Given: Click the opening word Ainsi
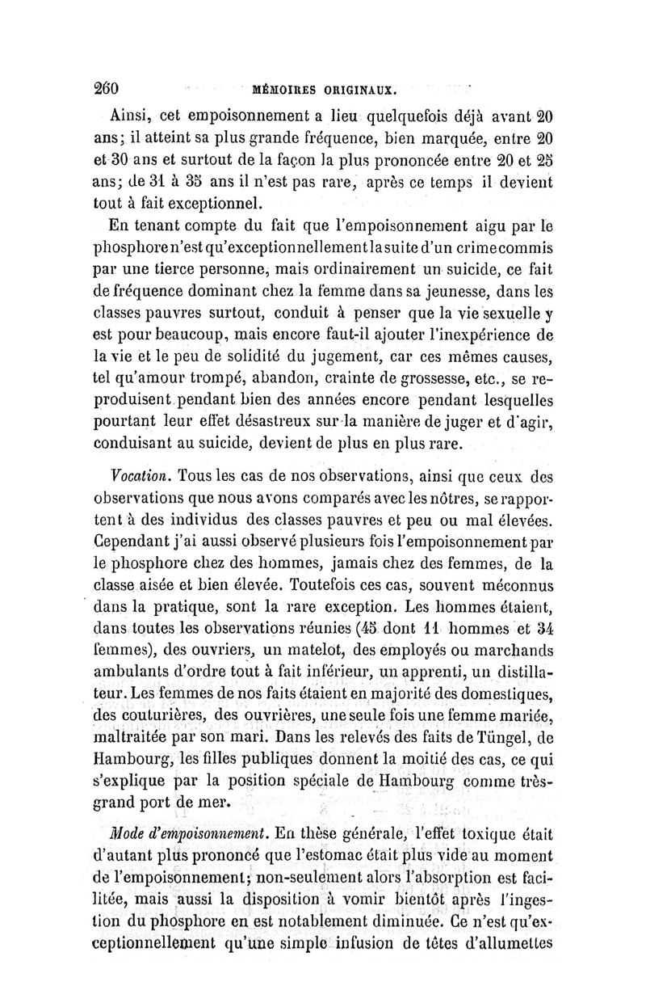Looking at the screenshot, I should pyautogui.click(x=133, y=111).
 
